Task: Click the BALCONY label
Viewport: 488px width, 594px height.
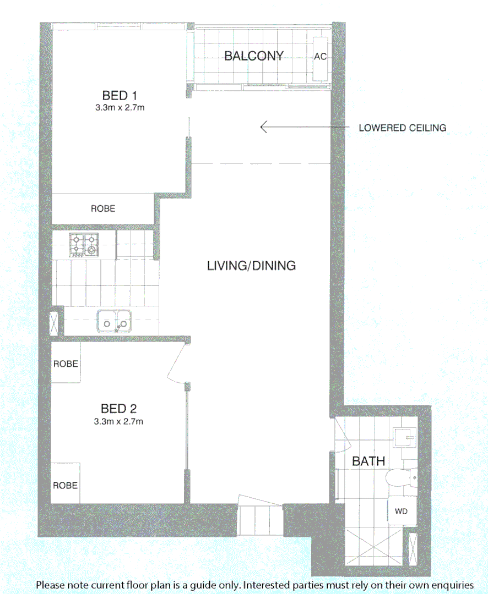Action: pyautogui.click(x=253, y=56)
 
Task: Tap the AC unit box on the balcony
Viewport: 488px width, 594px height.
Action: pyautogui.click(x=320, y=57)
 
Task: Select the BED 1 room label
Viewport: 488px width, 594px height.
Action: pyautogui.click(x=120, y=96)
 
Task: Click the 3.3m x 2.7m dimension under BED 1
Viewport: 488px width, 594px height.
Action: pyautogui.click(x=120, y=108)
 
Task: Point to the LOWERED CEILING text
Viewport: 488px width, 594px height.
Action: pyautogui.click(x=402, y=128)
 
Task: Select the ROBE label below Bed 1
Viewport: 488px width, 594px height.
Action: pyautogui.click(x=103, y=208)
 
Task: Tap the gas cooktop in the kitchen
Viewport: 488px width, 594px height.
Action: pyautogui.click(x=84, y=245)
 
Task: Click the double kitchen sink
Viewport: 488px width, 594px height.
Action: pyautogui.click(x=115, y=321)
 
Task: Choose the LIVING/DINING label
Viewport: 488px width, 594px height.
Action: pyautogui.click(x=251, y=266)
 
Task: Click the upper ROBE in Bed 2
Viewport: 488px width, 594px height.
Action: pyautogui.click(x=66, y=364)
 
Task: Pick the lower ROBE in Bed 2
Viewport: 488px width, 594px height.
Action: pyautogui.click(x=66, y=485)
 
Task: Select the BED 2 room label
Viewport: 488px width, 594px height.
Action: pyautogui.click(x=118, y=409)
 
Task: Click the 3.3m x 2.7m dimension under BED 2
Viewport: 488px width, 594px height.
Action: pyautogui.click(x=119, y=422)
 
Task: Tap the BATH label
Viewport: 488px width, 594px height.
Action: pyautogui.click(x=368, y=461)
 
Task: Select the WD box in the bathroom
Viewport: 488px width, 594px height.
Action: pyautogui.click(x=401, y=511)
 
